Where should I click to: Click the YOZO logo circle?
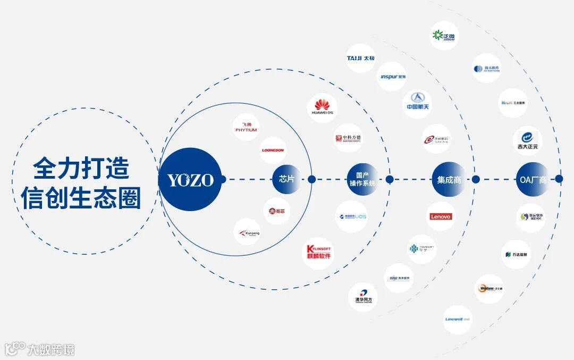190,179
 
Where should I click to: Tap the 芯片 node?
287,179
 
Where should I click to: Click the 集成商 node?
449,179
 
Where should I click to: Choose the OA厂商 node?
532,179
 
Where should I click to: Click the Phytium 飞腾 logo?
246,127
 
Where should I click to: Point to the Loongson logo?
273,150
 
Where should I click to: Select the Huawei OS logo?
323,108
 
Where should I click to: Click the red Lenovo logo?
441,216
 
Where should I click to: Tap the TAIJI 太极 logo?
360,58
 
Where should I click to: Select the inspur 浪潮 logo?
392,77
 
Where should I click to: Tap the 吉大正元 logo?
528,140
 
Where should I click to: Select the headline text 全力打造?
81,169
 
